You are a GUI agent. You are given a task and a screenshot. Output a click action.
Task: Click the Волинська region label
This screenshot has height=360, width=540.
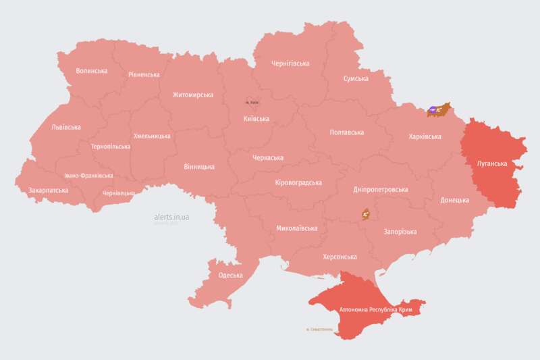pyautogui.click(x=92, y=70)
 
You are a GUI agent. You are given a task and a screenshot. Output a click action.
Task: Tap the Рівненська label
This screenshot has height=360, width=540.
pyautogui.click(x=144, y=74)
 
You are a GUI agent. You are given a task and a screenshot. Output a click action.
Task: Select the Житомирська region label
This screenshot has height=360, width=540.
pyautogui.click(x=192, y=95)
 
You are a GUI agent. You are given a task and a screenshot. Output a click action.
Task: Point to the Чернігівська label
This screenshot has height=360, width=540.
pyautogui.click(x=290, y=63)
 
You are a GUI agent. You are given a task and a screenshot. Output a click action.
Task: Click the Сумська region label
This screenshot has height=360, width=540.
pyautogui.click(x=356, y=78)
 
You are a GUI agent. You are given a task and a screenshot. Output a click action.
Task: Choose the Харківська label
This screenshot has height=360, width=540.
pyautogui.click(x=425, y=136)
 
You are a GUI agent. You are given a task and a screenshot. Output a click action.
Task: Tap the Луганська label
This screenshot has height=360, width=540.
pyautogui.click(x=491, y=163)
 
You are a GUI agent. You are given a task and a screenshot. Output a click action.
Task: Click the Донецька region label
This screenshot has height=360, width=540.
pyautogui.click(x=454, y=200)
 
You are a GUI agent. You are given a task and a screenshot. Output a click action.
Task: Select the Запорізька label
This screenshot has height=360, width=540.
pyautogui.click(x=400, y=232)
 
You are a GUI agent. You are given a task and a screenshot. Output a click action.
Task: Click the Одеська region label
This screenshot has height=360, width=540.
pyautogui.click(x=231, y=275)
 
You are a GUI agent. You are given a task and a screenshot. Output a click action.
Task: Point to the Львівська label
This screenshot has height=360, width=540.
pyautogui.click(x=65, y=127)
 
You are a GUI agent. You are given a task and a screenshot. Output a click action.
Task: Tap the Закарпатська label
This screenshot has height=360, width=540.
pyautogui.click(x=48, y=190)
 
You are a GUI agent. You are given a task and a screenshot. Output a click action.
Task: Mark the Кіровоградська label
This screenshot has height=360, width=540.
pyautogui.click(x=298, y=182)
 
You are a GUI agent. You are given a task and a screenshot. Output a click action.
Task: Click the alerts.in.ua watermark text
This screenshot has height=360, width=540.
pyautogui.click(x=171, y=217)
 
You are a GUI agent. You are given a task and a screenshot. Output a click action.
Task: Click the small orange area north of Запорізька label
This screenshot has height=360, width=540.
pyautogui.click(x=366, y=213)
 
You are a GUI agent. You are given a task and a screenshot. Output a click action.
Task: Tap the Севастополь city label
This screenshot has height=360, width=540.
pyautogui.click(x=319, y=330)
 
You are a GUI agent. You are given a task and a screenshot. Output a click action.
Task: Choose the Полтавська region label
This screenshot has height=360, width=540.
pyautogui.click(x=347, y=132)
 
